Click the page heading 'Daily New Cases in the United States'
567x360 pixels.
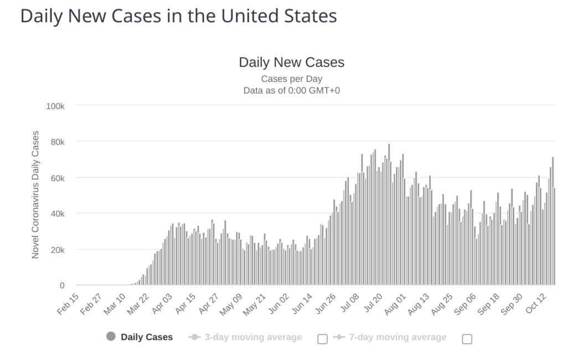(x=178, y=16)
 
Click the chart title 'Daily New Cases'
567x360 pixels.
(x=291, y=63)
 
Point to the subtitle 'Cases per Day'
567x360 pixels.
(x=291, y=79)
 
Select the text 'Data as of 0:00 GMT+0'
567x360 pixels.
(x=291, y=90)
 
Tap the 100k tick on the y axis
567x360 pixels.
(x=55, y=105)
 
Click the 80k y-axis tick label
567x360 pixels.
(x=57, y=142)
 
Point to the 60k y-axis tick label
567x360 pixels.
(x=57, y=178)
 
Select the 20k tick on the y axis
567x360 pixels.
(x=57, y=250)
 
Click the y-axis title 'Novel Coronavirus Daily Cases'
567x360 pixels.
(x=35, y=195)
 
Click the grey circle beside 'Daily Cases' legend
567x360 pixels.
(x=111, y=337)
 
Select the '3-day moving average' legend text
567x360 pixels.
(x=253, y=337)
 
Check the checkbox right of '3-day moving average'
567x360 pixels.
(x=322, y=339)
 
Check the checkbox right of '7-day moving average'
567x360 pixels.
(x=467, y=339)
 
